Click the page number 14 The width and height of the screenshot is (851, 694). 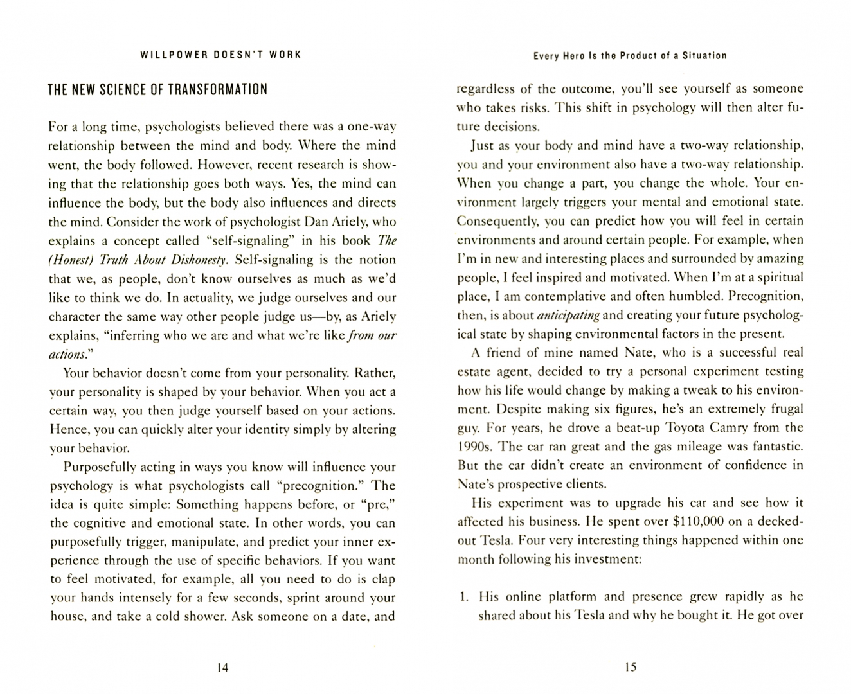tap(222, 668)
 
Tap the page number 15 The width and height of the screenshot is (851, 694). tap(630, 668)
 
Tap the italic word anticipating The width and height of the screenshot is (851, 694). tap(568, 316)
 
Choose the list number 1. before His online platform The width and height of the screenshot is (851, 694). tap(463, 597)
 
